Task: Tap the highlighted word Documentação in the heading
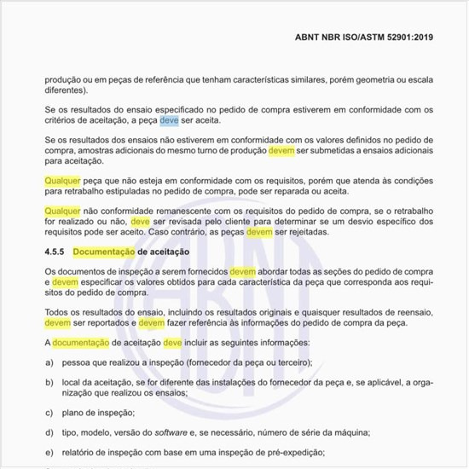pyautogui.click(x=104, y=252)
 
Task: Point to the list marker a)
pyautogui.click(x=49, y=362)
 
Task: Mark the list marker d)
pyautogui.click(x=49, y=433)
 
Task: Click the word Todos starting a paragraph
pyautogui.click(x=57, y=312)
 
